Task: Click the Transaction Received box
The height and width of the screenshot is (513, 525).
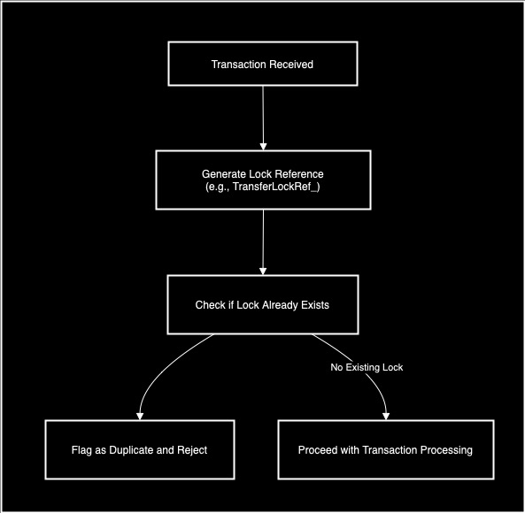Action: (262, 65)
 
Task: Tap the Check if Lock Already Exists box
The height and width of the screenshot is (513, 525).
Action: (262, 305)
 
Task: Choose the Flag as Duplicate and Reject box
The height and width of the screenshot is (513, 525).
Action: (139, 449)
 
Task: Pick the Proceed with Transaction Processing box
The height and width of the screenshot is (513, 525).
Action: (385, 449)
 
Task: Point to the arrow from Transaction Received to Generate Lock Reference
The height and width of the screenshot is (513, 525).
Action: (262, 115)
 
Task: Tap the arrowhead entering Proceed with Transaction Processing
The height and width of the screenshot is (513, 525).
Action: (386, 415)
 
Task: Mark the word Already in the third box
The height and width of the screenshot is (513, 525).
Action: (272, 305)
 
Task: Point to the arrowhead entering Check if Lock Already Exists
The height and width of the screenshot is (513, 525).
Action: (262, 271)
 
